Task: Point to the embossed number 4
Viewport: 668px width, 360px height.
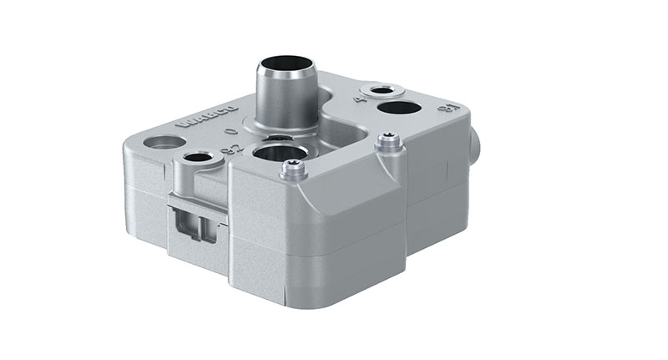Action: pyautogui.click(x=362, y=99)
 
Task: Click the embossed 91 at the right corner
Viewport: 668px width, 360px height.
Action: pyautogui.click(x=449, y=109)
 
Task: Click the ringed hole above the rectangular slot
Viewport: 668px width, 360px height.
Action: pyautogui.click(x=198, y=157)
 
